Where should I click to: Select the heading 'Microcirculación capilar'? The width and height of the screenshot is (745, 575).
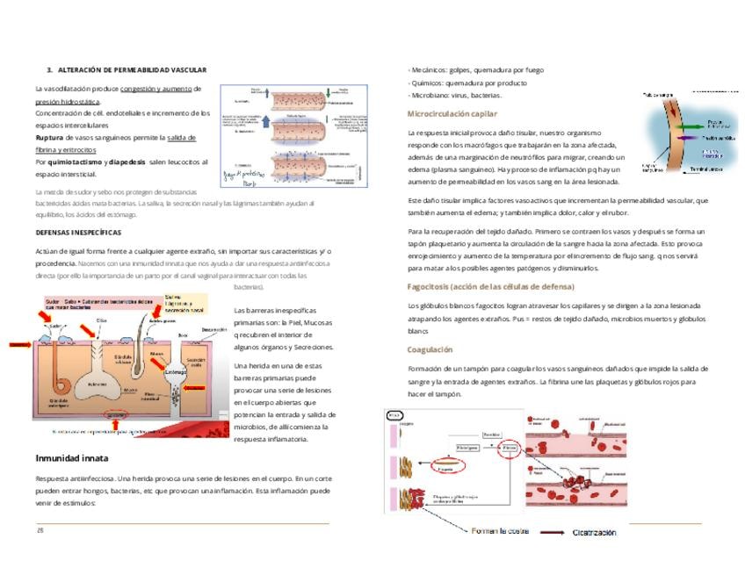click(x=452, y=114)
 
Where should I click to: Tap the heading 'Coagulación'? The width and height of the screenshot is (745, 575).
click(x=430, y=349)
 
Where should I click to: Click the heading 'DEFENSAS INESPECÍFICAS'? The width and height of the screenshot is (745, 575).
click(x=78, y=233)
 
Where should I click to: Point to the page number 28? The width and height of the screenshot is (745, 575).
click(x=40, y=530)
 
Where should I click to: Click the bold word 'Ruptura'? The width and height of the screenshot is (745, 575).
click(x=50, y=138)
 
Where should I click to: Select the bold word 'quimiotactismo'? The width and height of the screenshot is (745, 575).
click(x=76, y=162)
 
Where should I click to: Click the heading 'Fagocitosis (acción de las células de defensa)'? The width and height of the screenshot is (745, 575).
click(x=490, y=286)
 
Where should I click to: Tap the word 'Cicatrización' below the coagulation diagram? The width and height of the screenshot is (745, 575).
click(x=594, y=532)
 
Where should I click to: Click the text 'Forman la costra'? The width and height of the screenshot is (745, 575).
click(x=499, y=531)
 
